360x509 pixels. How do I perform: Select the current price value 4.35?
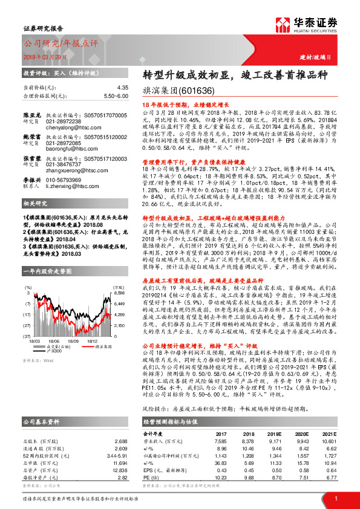[x=123, y=88]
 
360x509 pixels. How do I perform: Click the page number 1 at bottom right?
[x=336, y=498]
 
